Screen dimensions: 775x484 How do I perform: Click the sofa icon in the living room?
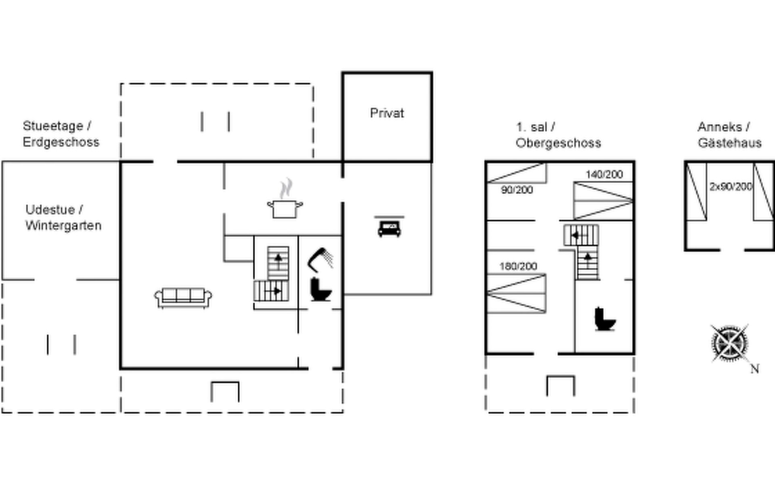click(183, 298)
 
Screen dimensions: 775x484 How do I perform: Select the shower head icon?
click(320, 259)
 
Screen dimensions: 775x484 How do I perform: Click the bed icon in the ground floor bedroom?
click(389, 227)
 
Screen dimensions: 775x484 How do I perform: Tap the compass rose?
click(729, 343)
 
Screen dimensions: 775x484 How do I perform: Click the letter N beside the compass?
click(755, 369)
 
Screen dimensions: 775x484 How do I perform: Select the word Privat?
click(387, 113)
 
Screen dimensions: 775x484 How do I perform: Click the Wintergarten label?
click(63, 225)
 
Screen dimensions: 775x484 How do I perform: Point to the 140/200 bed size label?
click(604, 174)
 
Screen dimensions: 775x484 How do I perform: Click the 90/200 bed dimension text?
click(517, 190)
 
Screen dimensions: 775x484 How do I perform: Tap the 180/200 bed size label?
click(518, 266)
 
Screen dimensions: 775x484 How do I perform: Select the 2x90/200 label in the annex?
click(731, 186)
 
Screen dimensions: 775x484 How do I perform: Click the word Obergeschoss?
click(558, 143)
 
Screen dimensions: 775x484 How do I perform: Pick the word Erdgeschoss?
click(61, 142)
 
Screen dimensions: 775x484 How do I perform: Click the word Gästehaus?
click(729, 143)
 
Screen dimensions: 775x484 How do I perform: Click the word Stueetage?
click(53, 126)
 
